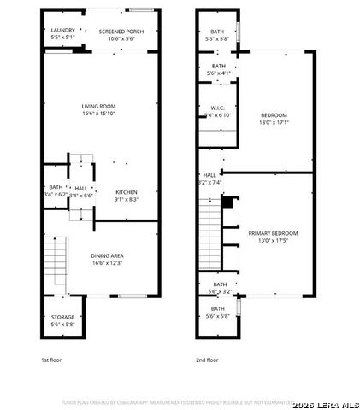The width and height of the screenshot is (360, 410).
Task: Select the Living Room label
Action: (x=99, y=106)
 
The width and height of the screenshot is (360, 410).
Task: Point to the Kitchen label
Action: (x=127, y=192)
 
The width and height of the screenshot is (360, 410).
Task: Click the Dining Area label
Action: (x=108, y=255)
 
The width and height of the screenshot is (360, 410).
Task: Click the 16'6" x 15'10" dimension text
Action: (x=99, y=114)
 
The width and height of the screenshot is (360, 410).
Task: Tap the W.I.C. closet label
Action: (x=218, y=108)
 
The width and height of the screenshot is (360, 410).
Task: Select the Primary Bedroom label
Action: (x=273, y=232)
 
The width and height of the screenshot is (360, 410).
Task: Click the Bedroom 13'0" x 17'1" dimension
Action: (x=274, y=121)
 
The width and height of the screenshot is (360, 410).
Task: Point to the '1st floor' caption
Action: (x=51, y=360)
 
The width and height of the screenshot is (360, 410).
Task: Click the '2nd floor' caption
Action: (x=207, y=360)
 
